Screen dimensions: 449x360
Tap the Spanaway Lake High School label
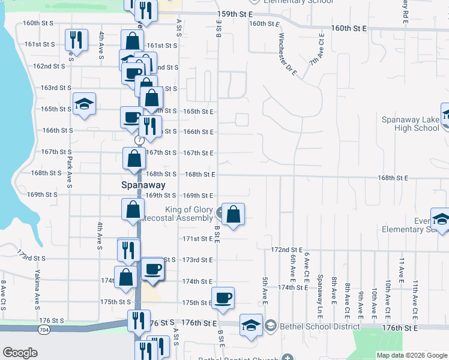pos(411,124)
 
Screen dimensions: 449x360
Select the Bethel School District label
pos(318,326)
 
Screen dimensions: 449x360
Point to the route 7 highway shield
pos(139,140)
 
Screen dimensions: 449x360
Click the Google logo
pos(20,353)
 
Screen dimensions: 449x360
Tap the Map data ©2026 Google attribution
pos(411,355)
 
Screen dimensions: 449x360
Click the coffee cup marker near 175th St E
pos(223,298)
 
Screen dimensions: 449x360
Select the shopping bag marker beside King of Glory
pos(234,213)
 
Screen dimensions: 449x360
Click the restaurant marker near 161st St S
pos(76,40)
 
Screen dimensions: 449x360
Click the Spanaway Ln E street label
pos(320,289)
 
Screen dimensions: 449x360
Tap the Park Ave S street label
pos(70,172)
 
